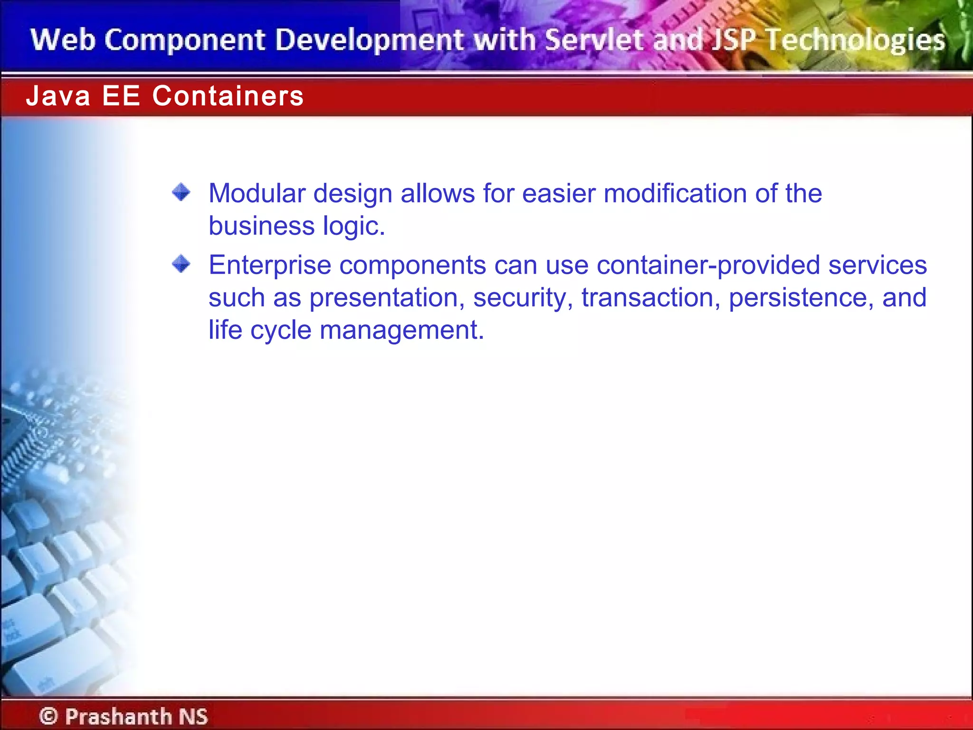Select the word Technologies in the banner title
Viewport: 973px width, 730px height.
coord(855,40)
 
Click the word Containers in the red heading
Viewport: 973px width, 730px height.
coord(228,96)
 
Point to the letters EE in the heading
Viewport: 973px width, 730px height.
coord(121,96)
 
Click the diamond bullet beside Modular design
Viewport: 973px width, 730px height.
coord(181,192)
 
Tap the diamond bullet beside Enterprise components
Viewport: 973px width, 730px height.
coord(181,264)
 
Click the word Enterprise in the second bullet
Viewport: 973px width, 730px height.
coord(269,265)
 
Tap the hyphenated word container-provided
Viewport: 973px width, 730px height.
coord(708,265)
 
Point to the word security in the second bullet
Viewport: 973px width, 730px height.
coord(523,298)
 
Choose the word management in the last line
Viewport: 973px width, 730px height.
coord(401,330)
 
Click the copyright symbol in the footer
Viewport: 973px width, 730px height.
coord(48,716)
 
